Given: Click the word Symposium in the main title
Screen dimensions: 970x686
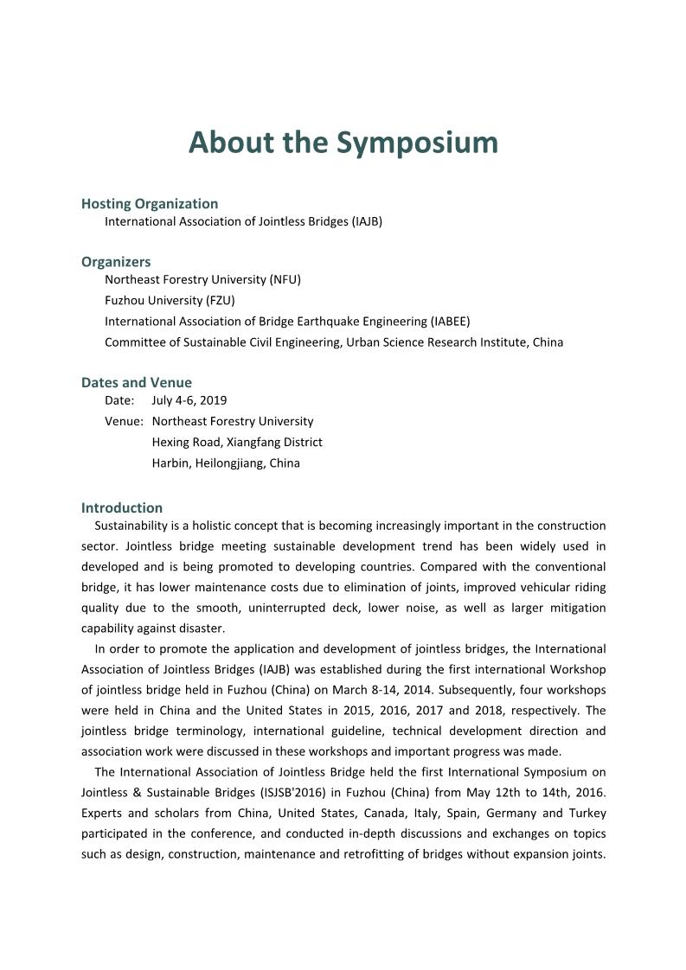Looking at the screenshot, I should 418,143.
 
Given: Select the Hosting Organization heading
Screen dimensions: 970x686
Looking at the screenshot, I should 150,204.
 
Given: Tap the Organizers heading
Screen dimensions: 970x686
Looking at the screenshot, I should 116,262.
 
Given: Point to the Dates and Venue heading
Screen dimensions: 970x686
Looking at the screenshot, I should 137,382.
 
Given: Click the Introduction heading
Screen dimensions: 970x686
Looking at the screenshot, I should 122,507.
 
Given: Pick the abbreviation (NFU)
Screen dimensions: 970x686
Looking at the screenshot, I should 285,280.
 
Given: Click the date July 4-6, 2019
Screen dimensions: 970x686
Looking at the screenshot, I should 189,400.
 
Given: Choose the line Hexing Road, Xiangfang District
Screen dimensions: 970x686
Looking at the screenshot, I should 237,443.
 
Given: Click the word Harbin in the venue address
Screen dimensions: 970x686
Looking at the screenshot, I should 170,463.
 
